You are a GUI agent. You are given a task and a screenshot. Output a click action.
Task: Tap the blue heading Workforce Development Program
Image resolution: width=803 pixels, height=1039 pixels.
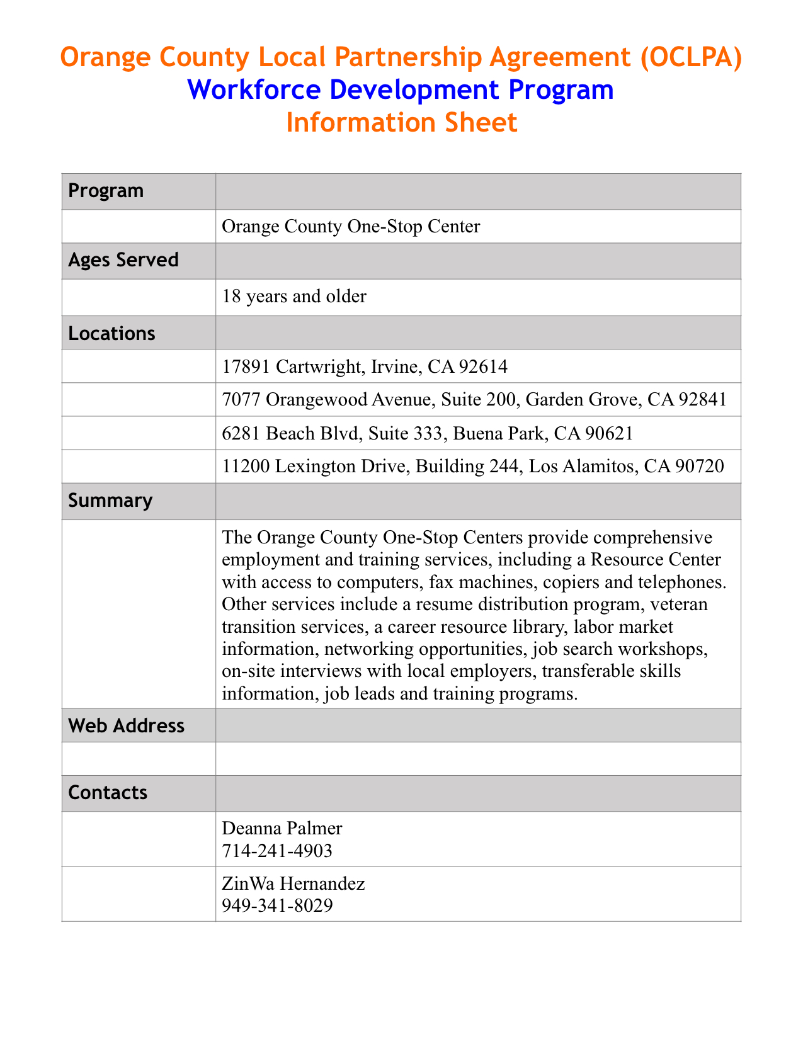(x=401, y=90)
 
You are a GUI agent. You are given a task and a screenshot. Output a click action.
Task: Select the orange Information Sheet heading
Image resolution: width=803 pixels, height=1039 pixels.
(x=401, y=122)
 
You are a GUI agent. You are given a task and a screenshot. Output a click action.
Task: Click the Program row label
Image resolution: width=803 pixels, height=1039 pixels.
(x=106, y=191)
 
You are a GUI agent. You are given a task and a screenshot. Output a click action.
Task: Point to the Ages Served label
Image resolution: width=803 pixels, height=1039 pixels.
(x=123, y=260)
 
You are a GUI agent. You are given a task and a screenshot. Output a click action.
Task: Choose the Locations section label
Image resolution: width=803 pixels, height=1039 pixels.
(x=111, y=333)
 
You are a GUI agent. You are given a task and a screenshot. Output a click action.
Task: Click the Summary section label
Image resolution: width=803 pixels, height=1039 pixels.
(x=110, y=501)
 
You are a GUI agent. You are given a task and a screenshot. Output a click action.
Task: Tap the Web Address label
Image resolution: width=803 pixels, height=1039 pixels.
(x=126, y=726)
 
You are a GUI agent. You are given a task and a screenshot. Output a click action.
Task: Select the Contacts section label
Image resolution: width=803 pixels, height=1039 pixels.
(x=108, y=792)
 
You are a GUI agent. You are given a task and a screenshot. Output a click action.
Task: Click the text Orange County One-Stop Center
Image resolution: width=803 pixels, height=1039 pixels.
(x=351, y=226)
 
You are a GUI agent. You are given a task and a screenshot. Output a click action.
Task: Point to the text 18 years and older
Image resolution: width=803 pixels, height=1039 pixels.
(x=294, y=296)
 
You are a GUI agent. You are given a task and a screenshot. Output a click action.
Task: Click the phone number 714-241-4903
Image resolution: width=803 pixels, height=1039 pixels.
(x=277, y=851)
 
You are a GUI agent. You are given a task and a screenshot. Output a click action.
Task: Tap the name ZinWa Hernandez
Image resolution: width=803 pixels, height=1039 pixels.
(x=293, y=883)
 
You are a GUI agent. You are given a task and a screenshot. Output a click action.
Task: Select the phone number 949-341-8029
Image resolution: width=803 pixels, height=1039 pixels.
(x=277, y=906)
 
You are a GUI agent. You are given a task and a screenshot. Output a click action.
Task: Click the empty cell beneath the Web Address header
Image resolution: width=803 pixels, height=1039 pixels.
(x=477, y=759)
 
